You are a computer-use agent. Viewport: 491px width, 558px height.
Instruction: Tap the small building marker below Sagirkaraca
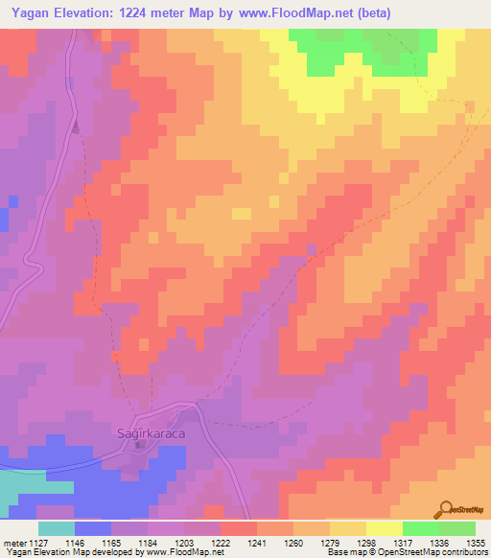click(x=142, y=443)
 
